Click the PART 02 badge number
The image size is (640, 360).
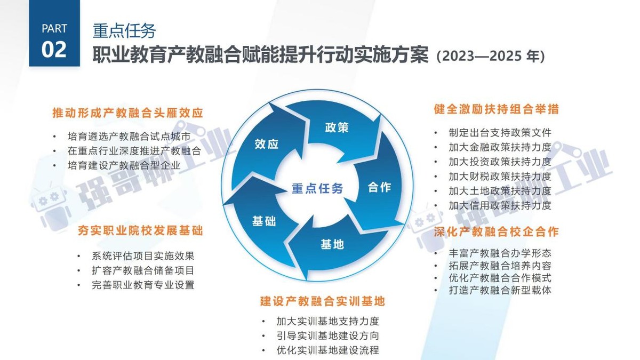(x=54, y=49)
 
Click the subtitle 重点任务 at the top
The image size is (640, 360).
(x=124, y=31)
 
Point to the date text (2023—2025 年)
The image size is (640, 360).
(x=490, y=56)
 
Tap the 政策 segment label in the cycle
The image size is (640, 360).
(x=337, y=127)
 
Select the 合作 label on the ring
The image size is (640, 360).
(x=380, y=187)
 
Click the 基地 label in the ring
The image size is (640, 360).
(x=332, y=244)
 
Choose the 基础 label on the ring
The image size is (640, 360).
(x=264, y=221)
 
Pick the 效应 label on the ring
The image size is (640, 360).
(x=267, y=144)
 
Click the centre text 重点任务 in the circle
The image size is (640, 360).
(x=317, y=188)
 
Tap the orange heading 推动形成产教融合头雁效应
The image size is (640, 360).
(x=128, y=113)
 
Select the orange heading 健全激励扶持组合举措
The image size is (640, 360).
(x=496, y=109)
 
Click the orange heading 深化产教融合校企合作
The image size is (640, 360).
(x=496, y=231)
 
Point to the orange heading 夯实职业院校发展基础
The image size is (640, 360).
(x=140, y=231)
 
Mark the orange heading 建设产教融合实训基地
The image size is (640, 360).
(x=322, y=301)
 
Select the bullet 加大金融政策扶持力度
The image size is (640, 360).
(x=500, y=147)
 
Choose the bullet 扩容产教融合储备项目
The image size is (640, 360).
(x=143, y=270)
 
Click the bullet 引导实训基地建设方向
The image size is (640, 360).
(x=327, y=336)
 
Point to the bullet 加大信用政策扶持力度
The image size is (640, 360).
(x=500, y=205)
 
